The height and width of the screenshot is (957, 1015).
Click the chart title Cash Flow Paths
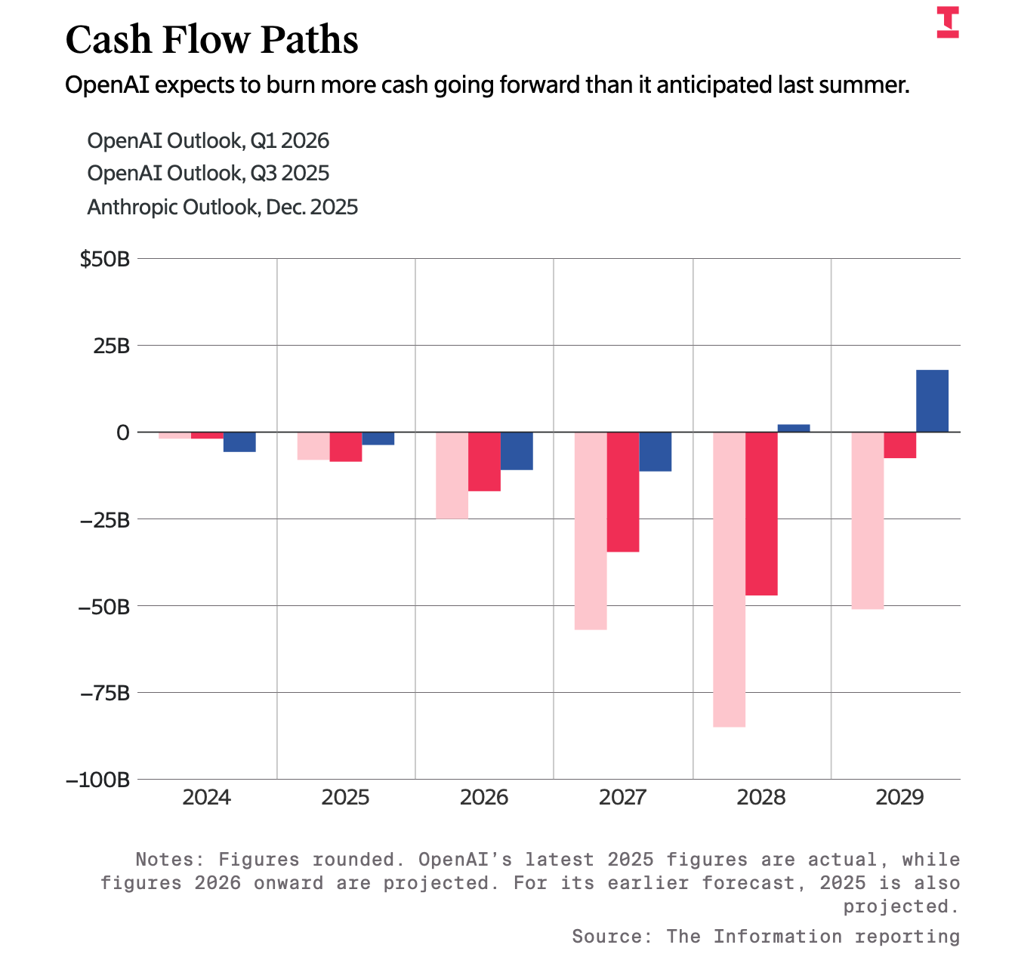(x=211, y=40)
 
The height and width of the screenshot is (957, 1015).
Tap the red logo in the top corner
(x=948, y=22)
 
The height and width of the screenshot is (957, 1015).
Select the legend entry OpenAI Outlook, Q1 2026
(x=208, y=141)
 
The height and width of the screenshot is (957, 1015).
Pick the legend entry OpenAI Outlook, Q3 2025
(x=208, y=174)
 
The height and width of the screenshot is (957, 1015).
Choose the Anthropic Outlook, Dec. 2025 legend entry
(x=223, y=207)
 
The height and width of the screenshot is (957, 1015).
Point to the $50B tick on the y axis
(x=105, y=260)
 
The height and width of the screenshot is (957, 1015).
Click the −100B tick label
(x=98, y=780)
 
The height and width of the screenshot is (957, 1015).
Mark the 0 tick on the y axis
(x=123, y=432)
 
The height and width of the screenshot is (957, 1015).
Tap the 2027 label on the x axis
(x=622, y=798)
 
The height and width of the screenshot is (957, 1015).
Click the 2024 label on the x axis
(x=206, y=798)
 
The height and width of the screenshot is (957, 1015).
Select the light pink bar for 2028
(x=729, y=579)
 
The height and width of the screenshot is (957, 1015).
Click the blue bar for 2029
(x=932, y=401)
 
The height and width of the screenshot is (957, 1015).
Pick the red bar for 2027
(x=623, y=492)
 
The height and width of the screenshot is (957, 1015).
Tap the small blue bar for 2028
(x=793, y=428)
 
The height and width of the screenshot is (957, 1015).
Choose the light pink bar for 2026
(x=452, y=475)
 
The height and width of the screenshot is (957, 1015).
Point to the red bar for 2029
(x=899, y=445)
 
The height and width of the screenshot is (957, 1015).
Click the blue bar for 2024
(x=239, y=442)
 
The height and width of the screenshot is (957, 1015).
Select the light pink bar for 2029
(x=867, y=521)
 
